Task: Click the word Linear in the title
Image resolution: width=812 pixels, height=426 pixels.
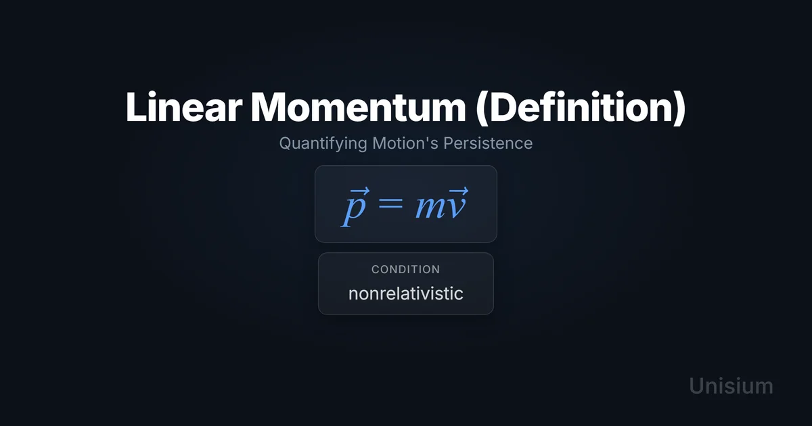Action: pos(184,107)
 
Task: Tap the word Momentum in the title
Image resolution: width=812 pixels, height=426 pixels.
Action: pos(358,107)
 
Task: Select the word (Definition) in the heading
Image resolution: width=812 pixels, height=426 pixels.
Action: pos(581,108)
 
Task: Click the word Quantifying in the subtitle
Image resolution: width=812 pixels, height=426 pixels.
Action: pos(323,143)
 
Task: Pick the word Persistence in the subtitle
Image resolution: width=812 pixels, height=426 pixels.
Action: pos(488,143)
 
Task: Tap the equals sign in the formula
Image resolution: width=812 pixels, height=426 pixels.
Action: pos(390,204)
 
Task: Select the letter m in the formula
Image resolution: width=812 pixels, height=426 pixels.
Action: pos(430,208)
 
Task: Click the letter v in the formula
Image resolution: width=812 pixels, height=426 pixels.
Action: pos(455,208)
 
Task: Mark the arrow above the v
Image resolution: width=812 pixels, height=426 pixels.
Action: pos(458,190)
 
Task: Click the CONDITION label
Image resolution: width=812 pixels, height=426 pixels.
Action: pos(405,270)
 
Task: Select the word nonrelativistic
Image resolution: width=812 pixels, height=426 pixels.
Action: pos(405,293)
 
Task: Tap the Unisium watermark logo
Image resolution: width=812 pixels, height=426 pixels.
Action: pos(731,386)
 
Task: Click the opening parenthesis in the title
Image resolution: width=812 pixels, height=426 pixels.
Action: pos(482,108)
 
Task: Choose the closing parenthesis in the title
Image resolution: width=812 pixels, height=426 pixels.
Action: pos(679,108)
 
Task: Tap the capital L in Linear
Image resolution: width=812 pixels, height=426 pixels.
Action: pos(135,108)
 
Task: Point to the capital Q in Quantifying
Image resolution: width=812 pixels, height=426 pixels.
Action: pos(286,143)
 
